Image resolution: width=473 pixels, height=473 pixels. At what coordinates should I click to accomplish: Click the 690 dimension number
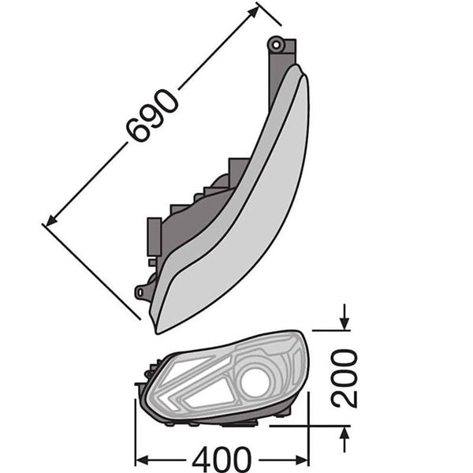[x=151, y=116]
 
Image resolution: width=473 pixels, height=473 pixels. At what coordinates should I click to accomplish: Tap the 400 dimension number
[x=222, y=460]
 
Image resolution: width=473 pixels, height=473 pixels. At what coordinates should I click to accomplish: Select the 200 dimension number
[x=344, y=378]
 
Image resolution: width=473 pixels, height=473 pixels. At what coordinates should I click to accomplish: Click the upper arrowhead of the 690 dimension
[x=253, y=12]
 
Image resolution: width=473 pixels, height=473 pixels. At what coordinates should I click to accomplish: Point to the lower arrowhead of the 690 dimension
[x=51, y=220]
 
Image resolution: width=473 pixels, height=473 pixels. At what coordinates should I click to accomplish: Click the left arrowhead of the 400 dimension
[x=142, y=460]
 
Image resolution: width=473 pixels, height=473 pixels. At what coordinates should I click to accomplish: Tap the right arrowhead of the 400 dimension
[x=302, y=460]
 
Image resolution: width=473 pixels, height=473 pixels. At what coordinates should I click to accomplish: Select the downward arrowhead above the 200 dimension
[x=345, y=324]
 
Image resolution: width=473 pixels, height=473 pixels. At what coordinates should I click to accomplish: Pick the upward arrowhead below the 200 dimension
[x=345, y=433]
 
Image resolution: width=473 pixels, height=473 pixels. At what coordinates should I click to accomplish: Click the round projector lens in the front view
[x=255, y=382]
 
